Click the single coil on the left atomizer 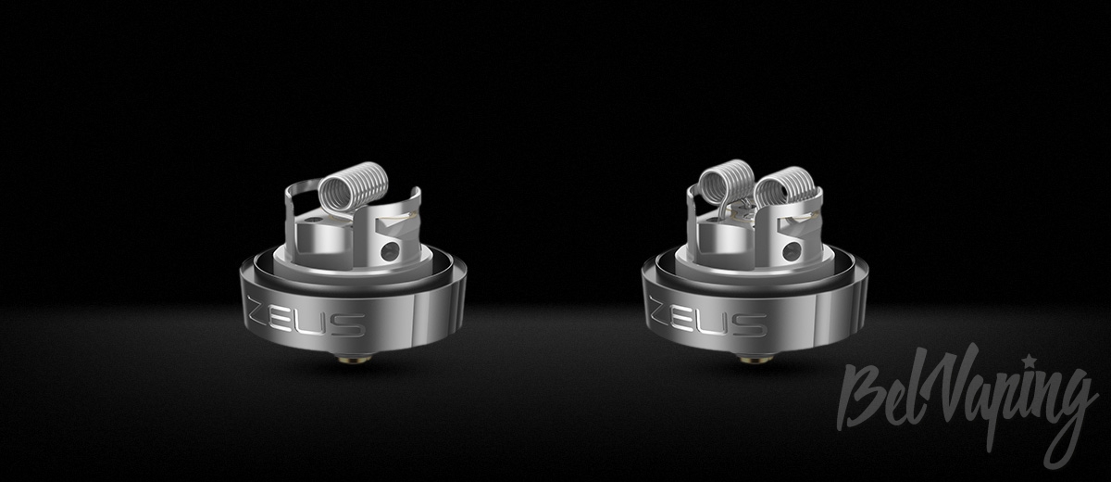coord(353,184)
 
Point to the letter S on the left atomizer coord(351,324)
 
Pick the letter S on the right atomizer coord(753,324)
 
